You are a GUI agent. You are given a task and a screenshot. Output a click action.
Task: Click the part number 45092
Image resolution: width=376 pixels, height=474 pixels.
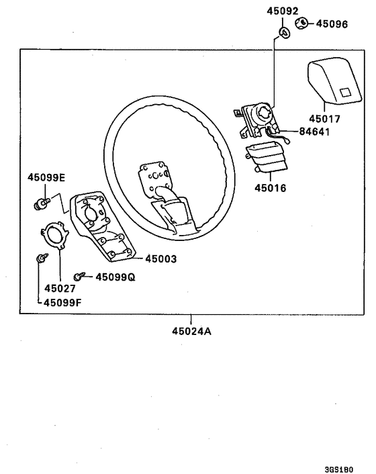(x=281, y=11)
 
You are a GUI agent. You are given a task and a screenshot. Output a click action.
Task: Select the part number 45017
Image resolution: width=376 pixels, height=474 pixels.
(x=324, y=119)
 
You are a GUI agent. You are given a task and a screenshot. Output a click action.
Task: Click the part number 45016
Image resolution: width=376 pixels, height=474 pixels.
(x=270, y=188)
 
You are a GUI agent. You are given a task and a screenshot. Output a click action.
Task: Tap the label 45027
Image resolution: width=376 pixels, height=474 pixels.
(x=60, y=289)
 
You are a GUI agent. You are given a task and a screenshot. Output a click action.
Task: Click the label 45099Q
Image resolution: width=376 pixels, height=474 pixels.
(x=115, y=277)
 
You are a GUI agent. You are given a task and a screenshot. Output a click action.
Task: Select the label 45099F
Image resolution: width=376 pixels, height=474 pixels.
(x=64, y=302)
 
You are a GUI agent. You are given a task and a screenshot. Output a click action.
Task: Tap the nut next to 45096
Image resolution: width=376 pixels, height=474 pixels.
(x=301, y=23)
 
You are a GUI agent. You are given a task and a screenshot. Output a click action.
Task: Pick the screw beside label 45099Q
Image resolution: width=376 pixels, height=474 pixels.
(x=81, y=275)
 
